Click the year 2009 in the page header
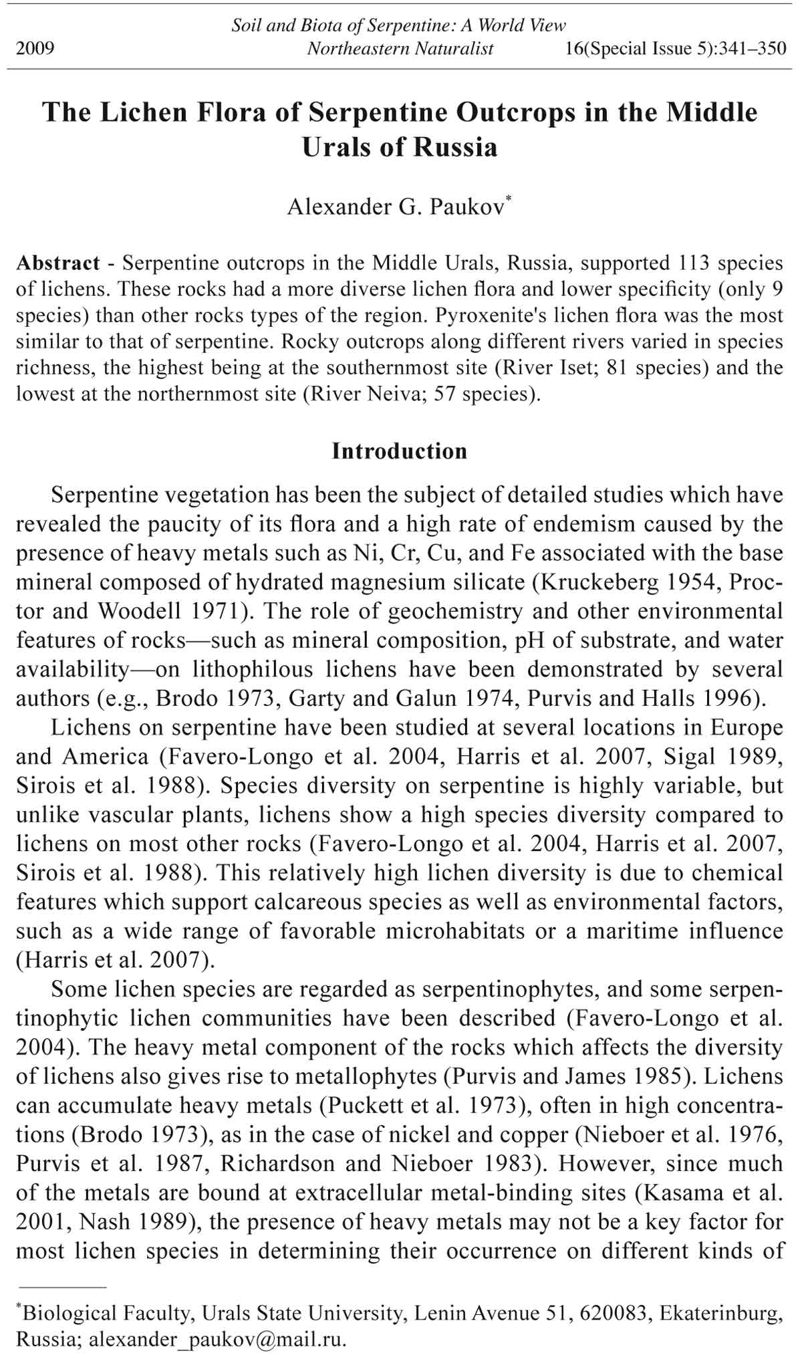(x=35, y=49)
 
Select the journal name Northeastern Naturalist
(x=400, y=49)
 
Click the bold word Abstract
(x=58, y=263)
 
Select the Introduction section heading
(x=400, y=451)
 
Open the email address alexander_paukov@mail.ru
(x=217, y=1340)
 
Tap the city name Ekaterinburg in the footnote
(x=720, y=1314)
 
